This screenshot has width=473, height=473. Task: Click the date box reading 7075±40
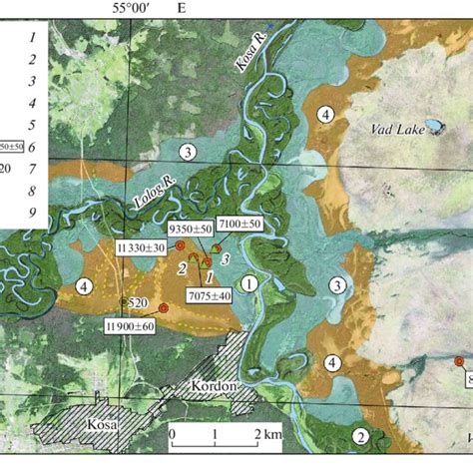[x=210, y=295]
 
